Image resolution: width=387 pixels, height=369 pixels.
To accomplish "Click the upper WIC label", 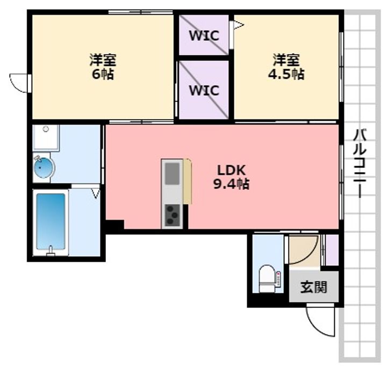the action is [x=204, y=36].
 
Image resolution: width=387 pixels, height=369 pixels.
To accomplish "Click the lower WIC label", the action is [x=204, y=90].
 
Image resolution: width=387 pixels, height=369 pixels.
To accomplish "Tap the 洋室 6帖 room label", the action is [x=103, y=67].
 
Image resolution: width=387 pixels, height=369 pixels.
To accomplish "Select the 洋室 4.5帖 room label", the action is [x=286, y=67].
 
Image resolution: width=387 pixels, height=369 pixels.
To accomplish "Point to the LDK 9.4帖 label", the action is [x=231, y=176].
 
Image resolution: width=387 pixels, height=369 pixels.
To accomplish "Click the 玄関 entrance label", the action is [x=314, y=287].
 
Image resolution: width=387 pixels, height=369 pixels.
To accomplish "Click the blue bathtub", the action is [x=51, y=221].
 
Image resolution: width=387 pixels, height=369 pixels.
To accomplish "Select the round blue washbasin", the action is [x=44, y=167].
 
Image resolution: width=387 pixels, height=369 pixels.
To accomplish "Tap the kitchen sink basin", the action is [x=172, y=173].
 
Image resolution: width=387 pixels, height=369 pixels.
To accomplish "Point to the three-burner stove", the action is [x=172, y=215].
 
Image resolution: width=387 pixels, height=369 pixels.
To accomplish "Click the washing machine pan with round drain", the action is [x=46, y=137].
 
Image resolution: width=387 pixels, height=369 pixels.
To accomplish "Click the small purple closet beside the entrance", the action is [x=332, y=250].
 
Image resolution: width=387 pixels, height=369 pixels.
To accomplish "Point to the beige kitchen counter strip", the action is [x=188, y=181].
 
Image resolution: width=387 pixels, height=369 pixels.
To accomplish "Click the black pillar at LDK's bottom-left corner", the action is [x=114, y=225].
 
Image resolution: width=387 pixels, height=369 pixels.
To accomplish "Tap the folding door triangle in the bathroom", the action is [x=96, y=193].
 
